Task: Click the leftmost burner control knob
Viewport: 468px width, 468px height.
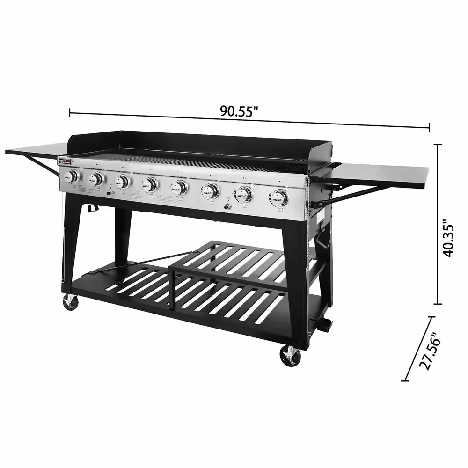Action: [72, 176]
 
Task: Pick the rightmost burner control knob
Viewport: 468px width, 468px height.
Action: [280, 198]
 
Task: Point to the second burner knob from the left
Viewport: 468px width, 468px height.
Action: [97, 179]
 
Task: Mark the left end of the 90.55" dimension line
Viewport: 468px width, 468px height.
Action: [70, 112]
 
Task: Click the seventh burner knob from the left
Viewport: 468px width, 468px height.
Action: [244, 193]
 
